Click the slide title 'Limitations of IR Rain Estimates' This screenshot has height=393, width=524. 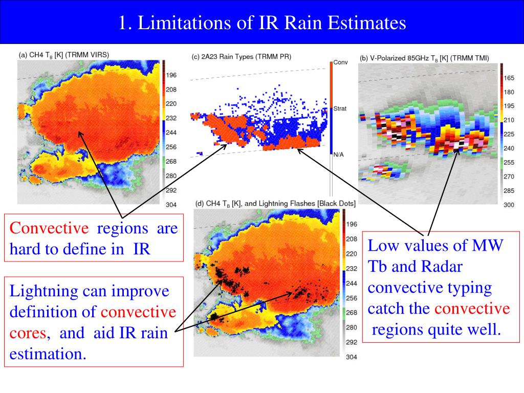pyautogui.click(x=262, y=23)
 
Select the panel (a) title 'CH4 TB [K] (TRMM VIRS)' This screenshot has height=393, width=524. pyautogui.click(x=64, y=54)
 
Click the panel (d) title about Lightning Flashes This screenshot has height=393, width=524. pyautogui.click(x=275, y=203)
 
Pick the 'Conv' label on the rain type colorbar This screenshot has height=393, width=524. pyautogui.click(x=340, y=62)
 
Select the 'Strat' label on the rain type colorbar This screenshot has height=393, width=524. pyautogui.click(x=341, y=108)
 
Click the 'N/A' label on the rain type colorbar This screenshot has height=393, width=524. pyautogui.click(x=339, y=154)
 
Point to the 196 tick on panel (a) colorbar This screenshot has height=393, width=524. pyautogui.click(x=171, y=75)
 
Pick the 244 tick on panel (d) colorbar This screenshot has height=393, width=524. pyautogui.click(x=352, y=282)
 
